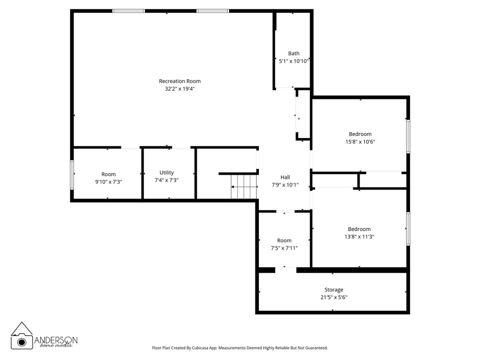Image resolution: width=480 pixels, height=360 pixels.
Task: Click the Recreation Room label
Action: [180, 81]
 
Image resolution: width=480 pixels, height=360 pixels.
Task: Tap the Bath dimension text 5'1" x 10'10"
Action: [293, 61]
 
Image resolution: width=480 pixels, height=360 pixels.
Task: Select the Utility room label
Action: [166, 172]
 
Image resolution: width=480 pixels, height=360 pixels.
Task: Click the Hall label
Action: [285, 177]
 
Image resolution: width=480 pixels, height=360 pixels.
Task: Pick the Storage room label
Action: [334, 290]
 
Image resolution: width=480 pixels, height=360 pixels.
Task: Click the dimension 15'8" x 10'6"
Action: [360, 142]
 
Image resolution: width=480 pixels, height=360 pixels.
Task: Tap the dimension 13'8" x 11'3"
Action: [359, 237]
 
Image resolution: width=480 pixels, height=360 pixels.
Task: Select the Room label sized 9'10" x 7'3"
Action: [108, 174]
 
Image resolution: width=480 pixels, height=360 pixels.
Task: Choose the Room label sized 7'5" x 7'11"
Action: [284, 240]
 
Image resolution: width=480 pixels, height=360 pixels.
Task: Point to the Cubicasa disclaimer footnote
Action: [240, 348]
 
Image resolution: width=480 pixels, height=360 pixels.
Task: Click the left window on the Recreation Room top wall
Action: [128, 10]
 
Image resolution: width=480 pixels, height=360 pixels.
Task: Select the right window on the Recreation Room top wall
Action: [212, 10]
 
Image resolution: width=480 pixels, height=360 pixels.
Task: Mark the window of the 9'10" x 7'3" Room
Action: [72, 175]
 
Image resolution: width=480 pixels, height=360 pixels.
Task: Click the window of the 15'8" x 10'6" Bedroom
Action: [408, 136]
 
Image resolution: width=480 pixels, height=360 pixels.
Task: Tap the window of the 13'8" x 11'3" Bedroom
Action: [408, 228]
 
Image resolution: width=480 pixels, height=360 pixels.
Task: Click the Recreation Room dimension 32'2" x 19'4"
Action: [180, 88]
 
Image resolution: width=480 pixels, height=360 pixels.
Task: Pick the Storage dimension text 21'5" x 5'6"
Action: [334, 297]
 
